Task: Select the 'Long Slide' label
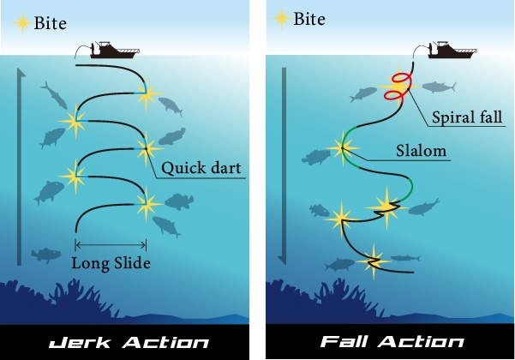point(111,262)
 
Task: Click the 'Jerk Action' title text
point(129,343)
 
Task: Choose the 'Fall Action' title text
point(391,343)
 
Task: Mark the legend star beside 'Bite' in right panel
point(279,17)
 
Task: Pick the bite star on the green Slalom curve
point(345,147)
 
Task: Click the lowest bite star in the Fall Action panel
point(374,261)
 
